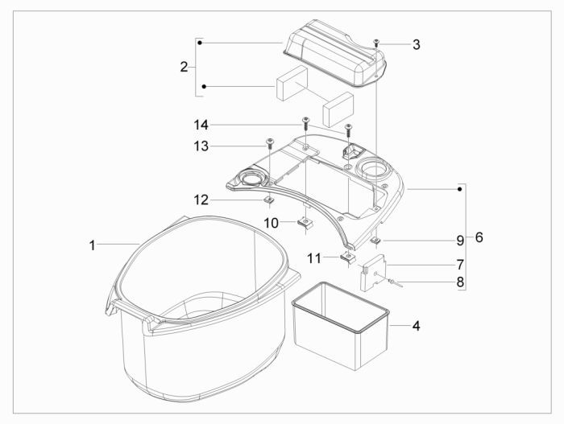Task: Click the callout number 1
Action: click(x=93, y=245)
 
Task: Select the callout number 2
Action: click(x=184, y=67)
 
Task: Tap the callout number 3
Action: click(x=417, y=45)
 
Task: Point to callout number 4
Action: click(x=417, y=326)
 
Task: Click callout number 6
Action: click(x=479, y=237)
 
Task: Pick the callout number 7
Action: click(x=460, y=265)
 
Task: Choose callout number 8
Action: click(x=460, y=282)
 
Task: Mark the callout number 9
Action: click(x=460, y=241)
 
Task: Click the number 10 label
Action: click(x=272, y=223)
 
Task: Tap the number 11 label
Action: click(x=314, y=258)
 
